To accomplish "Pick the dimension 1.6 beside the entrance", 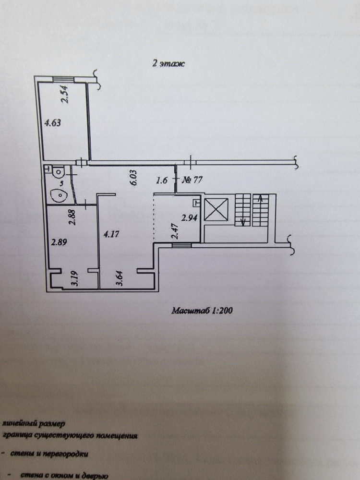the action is (x=162, y=181).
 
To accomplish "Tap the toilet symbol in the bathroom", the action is (x=58, y=171).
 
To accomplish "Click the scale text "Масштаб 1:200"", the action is (x=202, y=311).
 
